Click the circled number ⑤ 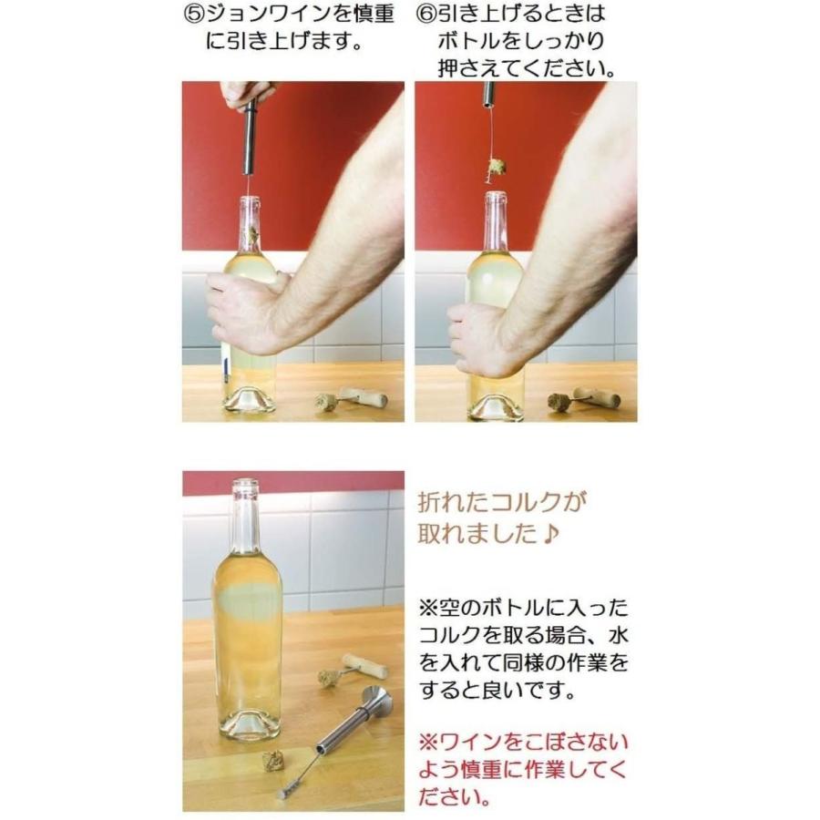click(196, 15)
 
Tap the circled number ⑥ click(427, 15)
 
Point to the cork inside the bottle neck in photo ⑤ click(251, 236)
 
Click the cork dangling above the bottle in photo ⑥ click(497, 167)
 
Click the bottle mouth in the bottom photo click(245, 485)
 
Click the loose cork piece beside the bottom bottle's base click(272, 760)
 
